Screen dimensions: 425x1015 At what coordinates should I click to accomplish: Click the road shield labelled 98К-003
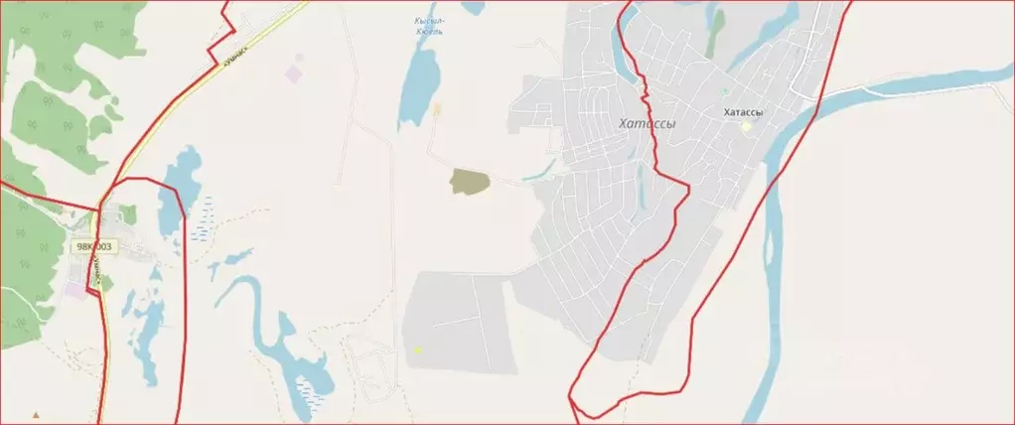[93, 246]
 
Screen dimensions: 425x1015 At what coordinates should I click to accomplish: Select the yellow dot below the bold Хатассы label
[746, 126]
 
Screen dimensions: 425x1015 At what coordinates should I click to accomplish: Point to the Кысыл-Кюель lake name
[429, 26]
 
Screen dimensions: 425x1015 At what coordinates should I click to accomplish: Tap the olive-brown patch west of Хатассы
[470, 181]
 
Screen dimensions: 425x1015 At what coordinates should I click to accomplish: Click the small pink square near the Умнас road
[294, 72]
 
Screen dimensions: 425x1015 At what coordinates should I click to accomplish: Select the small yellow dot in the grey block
[418, 350]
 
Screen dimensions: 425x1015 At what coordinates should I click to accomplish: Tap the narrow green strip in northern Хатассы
[715, 35]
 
